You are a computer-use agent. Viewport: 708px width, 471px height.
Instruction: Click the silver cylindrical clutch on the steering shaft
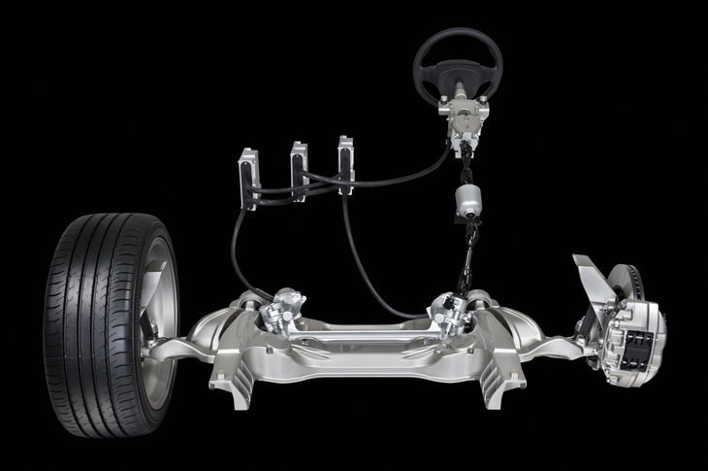[x=469, y=205]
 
